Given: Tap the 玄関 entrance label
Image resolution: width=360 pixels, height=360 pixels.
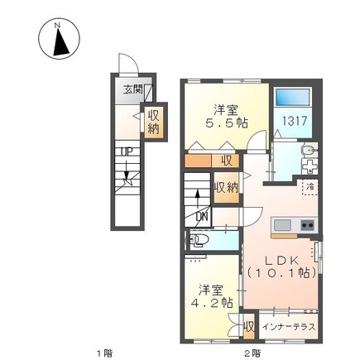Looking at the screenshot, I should click(x=133, y=90).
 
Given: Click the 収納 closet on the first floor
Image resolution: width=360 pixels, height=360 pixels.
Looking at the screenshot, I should click(x=154, y=122).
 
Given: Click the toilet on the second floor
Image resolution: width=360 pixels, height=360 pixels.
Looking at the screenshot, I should click(x=199, y=242).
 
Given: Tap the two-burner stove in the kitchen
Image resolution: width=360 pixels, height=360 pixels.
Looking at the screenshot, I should click(x=307, y=225).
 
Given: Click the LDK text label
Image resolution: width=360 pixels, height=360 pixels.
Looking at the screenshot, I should click(x=279, y=257).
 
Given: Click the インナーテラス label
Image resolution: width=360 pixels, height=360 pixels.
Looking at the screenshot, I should click(x=286, y=325).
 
